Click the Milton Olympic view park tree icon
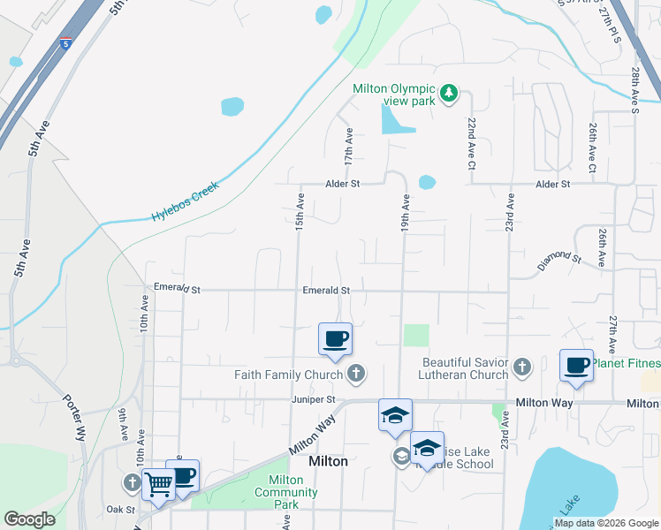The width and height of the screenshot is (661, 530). coord(449,93)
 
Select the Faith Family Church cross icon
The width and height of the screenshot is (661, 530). coord(355,374)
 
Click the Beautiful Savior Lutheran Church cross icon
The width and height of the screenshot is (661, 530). coord(522,367)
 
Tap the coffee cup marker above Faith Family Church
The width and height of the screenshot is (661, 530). coord(335,340)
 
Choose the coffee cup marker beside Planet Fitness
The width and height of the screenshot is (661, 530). coord(576,366)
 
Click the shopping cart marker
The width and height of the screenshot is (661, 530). coord(158,483)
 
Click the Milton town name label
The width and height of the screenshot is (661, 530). coord(327,461)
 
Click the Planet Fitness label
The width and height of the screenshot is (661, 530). coord(626,363)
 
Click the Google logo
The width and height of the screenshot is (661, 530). coord(29,519)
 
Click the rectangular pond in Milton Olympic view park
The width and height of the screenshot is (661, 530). coord(397,119)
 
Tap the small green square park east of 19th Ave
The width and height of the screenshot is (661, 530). coord(416,336)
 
